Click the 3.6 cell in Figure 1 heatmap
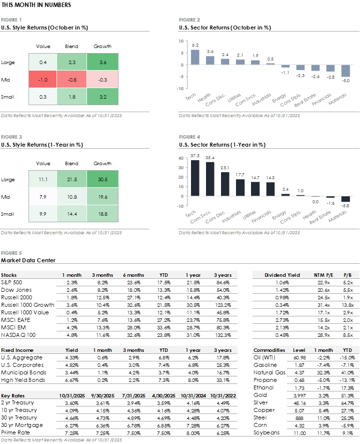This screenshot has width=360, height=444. point(102,62)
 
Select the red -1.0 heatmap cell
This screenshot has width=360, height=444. point(43,79)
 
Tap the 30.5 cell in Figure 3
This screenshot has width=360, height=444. point(102,179)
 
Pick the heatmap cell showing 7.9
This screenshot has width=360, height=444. point(43,196)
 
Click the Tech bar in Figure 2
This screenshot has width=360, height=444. point(195,57)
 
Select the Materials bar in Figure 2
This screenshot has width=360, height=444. point(345,71)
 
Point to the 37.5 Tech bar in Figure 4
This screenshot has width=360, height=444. point(195,178)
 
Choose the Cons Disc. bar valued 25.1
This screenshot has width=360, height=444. point(225,184)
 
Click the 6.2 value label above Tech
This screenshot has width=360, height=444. point(195,46)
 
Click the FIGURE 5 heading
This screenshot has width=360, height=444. point(11,253)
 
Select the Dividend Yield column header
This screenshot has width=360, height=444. point(282,275)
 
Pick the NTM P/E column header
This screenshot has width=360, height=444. point(323,275)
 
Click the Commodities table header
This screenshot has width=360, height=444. point(269,350)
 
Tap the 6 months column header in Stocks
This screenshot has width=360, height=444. point(133,275)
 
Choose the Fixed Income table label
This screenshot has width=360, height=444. point(17,350)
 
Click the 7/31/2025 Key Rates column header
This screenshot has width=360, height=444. point(133,395)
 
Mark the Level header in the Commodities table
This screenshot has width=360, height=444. point(299,350)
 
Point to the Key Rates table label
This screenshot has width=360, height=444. point(12,395)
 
